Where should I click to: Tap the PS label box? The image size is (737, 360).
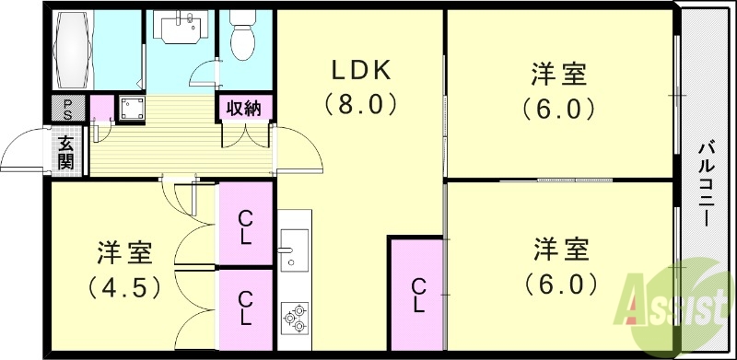tap(66, 108)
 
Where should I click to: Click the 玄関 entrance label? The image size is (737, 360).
tap(66, 151)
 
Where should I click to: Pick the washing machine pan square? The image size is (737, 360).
tap(128, 109)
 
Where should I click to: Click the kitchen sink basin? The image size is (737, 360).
tap(294, 249)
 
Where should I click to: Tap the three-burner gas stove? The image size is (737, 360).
tap(295, 317)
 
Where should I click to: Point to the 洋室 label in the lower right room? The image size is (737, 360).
tap(559, 250)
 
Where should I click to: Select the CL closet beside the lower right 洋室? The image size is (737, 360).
tap(416, 295)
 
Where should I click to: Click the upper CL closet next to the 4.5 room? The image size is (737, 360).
tap(245, 226)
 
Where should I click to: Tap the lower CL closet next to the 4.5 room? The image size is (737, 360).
tap(245, 308)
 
